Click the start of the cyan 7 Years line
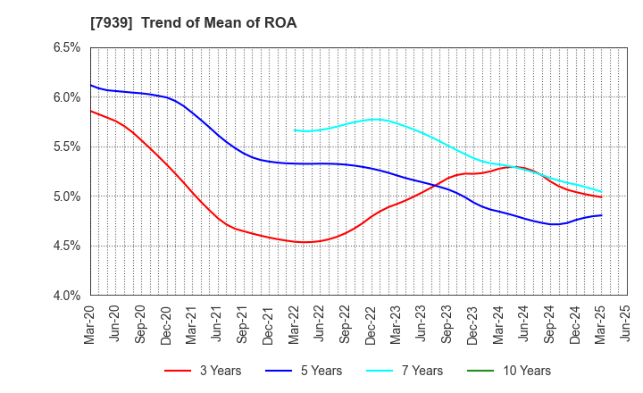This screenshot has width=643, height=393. pos(295,130)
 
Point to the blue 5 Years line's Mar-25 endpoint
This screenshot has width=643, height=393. pos(600,215)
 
